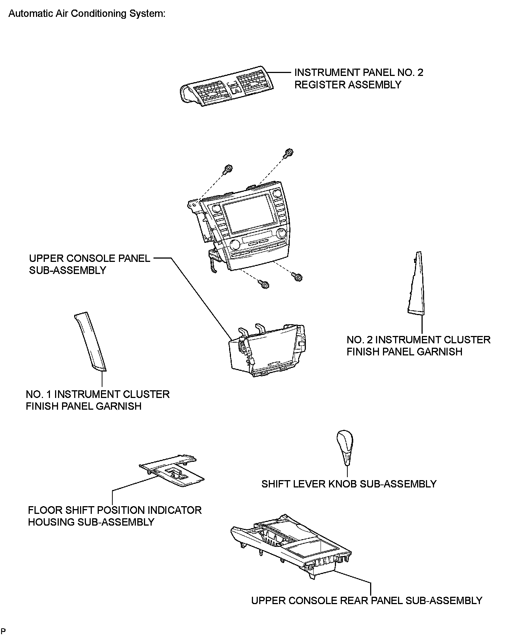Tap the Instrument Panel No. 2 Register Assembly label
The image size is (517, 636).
pyautogui.click(x=358, y=78)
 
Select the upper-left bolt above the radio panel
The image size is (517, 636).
pyautogui.click(x=227, y=169)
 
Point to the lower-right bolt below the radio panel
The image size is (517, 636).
pyautogui.click(x=297, y=277)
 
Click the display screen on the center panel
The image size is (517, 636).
pyautogui.click(x=249, y=218)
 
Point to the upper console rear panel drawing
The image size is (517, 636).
pyautogui.click(x=290, y=547)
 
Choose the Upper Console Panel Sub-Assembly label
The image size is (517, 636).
pyautogui.click(x=89, y=264)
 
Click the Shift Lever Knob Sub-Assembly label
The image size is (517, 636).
pyautogui.click(x=348, y=484)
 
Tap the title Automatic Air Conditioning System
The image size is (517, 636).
pyautogui.click(x=87, y=14)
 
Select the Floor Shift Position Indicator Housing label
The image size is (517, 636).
pyautogui.click(x=115, y=516)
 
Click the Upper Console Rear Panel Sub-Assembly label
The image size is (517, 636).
pyautogui.click(x=366, y=600)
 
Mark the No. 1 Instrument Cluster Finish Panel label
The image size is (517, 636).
pyautogui.click(x=97, y=400)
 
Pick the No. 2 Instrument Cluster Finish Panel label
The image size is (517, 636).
pyautogui.click(x=418, y=346)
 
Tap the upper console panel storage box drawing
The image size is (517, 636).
pyautogui.click(x=267, y=350)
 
